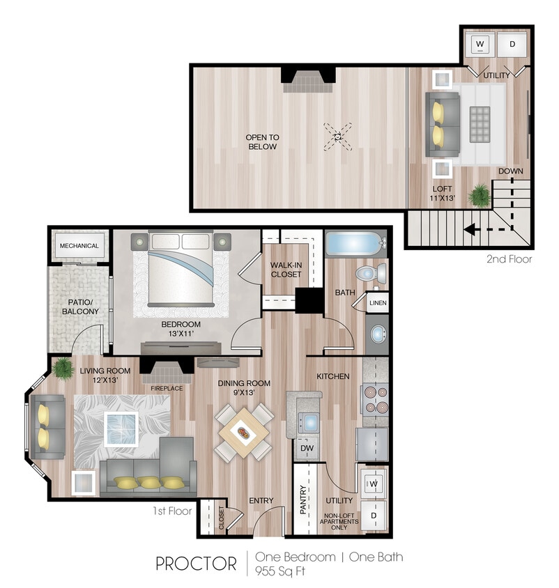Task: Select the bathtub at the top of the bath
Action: pos(354,245)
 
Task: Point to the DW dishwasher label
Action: pos(307,449)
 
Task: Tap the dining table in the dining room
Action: pos(243,432)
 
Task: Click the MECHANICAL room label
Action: pos(79,246)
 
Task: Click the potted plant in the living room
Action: pos(63,366)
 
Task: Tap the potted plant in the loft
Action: pos(480,196)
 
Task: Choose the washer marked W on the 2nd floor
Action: pos(480,45)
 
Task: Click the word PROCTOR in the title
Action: pos(196,564)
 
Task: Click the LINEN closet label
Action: pos(378,303)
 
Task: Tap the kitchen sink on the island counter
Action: pos(308,421)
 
